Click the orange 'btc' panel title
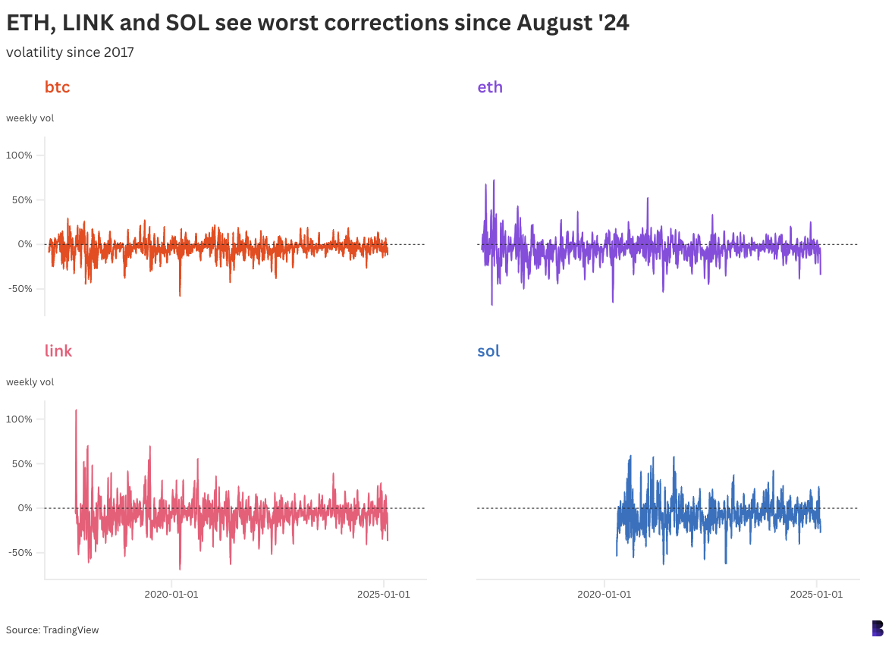57,87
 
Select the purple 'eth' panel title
490,87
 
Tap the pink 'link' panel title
58,351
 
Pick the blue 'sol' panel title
488,351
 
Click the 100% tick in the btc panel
19,155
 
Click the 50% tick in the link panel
21,464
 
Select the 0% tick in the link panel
24,508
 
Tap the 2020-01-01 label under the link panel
171,595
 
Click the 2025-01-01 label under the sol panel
816,595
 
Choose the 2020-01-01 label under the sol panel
604,595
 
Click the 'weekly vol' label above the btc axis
30,118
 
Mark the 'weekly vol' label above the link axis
30,382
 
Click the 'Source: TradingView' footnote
52,630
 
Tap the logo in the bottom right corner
878,628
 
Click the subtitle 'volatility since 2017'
70,52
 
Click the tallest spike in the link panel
76,411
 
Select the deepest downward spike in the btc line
180,295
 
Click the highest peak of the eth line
494,181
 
